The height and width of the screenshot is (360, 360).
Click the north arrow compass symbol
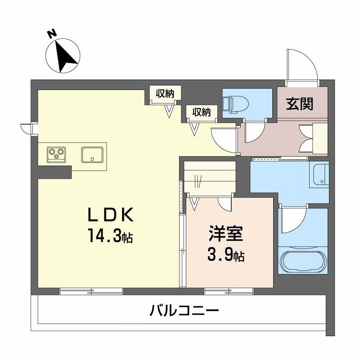[x=63, y=56]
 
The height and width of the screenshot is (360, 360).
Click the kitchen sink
[x=92, y=154]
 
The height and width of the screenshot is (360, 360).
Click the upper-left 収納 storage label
[x=165, y=94]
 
